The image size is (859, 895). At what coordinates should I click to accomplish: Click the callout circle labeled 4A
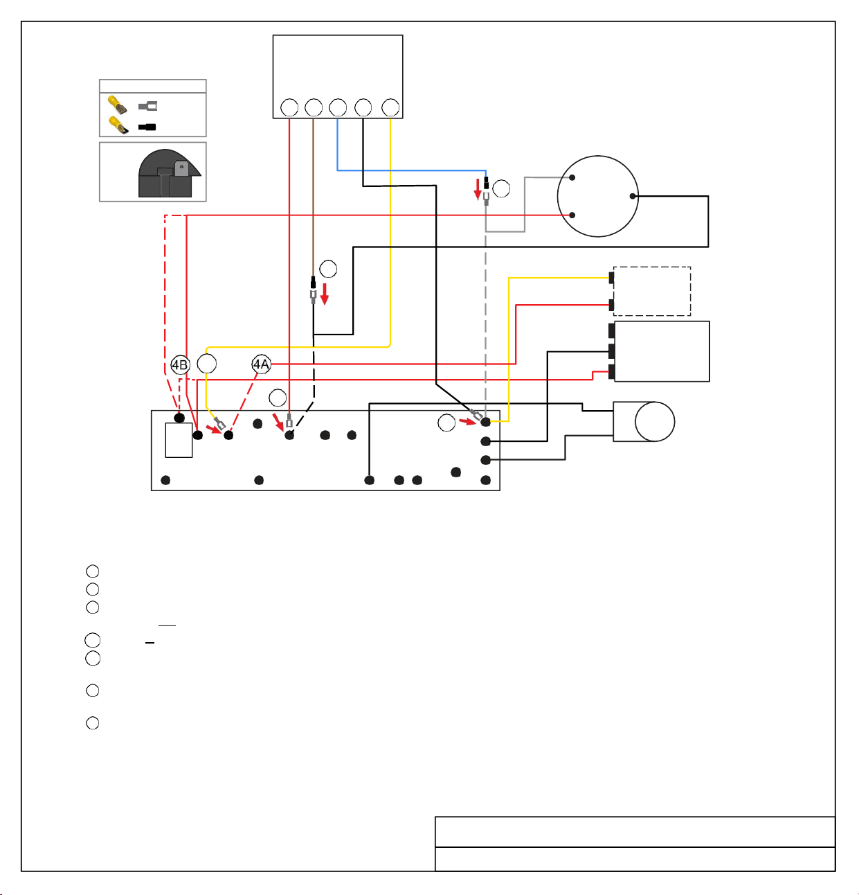pos(261,364)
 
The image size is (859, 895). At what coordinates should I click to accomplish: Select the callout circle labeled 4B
pos(180,364)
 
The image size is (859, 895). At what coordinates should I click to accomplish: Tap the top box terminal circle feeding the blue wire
pos(338,107)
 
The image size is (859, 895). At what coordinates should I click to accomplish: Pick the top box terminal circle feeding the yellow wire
pos(390,107)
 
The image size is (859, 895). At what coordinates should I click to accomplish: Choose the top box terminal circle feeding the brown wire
pos(314,107)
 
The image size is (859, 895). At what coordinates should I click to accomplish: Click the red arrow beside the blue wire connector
pos(478,189)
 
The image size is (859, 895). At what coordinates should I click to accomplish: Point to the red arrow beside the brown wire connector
pos(325,294)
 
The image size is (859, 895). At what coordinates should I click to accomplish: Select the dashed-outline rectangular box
pos(652,291)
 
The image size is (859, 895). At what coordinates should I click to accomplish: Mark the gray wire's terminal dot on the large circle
pos(572,177)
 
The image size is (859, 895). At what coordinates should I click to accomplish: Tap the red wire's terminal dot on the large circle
pos(572,215)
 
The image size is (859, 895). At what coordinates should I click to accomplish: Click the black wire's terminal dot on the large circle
pos(633,196)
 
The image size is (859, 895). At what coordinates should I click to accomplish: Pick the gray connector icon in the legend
pos(147,106)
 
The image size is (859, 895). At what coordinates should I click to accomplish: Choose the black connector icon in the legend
pos(147,127)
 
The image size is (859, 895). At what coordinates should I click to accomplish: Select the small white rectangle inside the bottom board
pos(179,440)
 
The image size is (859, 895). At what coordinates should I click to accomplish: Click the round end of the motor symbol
pos(655,421)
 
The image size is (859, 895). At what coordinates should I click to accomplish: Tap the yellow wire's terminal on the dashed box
pos(611,278)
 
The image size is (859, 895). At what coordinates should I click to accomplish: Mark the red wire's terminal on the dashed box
pos(611,305)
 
